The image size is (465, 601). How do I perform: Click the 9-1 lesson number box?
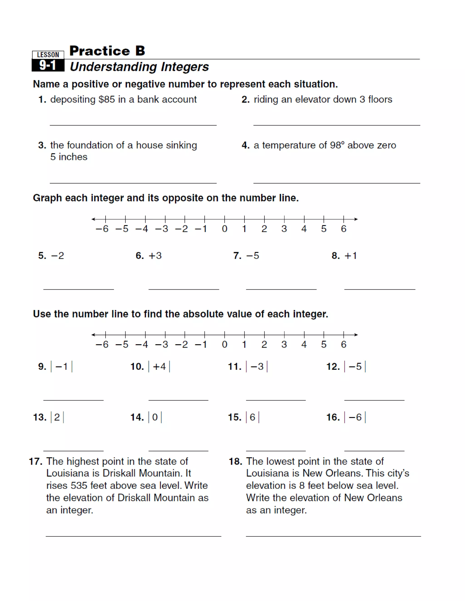pyautogui.click(x=48, y=66)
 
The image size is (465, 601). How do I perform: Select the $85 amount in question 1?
pyautogui.click(x=107, y=99)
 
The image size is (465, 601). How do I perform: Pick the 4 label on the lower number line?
pyautogui.click(x=304, y=344)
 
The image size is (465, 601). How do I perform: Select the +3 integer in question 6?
pyautogui.click(x=155, y=256)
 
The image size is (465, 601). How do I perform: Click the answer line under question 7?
pyautogui.click(x=281, y=289)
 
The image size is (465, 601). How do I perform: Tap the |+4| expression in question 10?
pyautogui.click(x=159, y=366)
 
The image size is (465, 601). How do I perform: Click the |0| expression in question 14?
pyautogui.click(x=155, y=417)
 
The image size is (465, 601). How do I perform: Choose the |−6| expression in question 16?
pyautogui.click(x=355, y=417)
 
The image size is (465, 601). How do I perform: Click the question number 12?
pyautogui.click(x=333, y=366)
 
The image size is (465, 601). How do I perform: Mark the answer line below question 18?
pyautogui.click(x=333, y=536)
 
